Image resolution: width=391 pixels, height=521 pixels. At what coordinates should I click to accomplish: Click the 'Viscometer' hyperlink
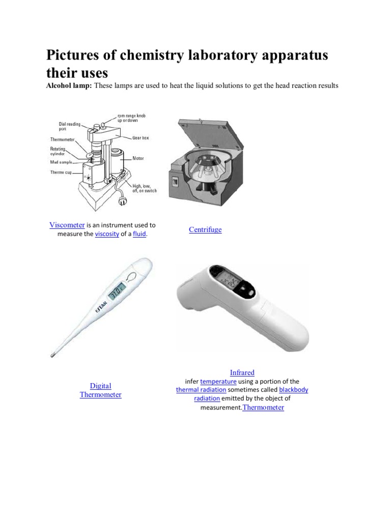tap(67, 225)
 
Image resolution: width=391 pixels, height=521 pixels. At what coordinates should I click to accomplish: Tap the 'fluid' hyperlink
tap(139, 234)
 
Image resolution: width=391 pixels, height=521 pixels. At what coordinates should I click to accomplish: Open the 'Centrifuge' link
tap(205, 229)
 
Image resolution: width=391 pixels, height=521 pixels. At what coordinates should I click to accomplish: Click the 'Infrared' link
tap(242, 372)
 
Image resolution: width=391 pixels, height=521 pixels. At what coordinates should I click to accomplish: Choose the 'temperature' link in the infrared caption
tap(218, 381)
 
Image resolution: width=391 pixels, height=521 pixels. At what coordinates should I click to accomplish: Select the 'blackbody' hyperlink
tap(293, 390)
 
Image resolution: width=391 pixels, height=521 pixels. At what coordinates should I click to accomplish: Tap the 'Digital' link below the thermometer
tap(100, 386)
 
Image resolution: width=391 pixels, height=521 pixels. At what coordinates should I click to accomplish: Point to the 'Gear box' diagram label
tap(140, 138)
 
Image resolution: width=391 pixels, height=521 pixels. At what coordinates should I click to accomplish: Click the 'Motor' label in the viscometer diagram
tap(138, 158)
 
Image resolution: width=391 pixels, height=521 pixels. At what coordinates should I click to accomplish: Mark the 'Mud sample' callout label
tap(61, 162)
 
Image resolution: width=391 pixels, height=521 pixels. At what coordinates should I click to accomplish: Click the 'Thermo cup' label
tap(61, 172)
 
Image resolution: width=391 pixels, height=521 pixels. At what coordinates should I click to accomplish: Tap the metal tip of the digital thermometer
tap(52, 353)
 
